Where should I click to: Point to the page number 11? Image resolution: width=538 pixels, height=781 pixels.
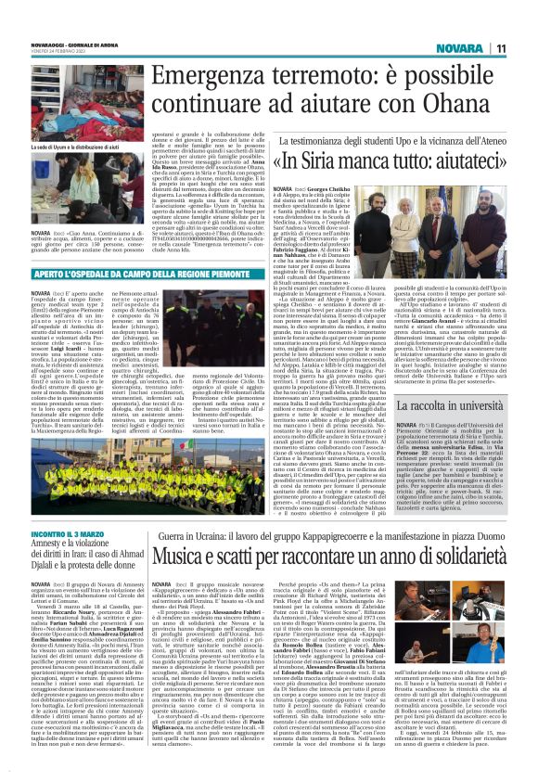(x=501, y=48)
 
